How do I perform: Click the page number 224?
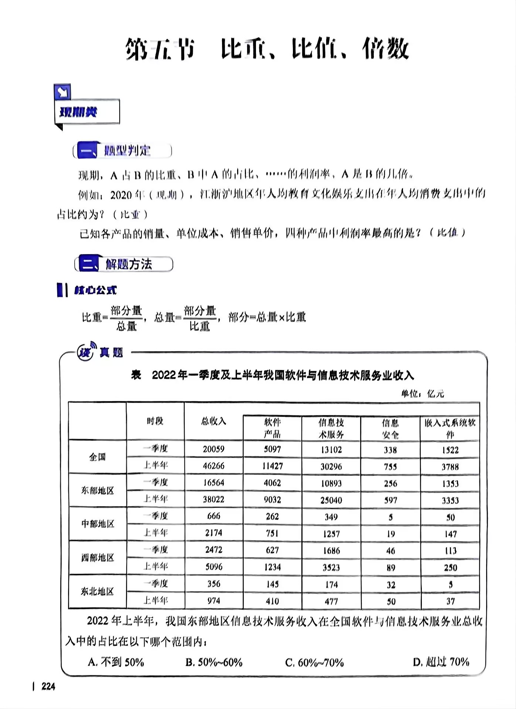[x=48, y=686]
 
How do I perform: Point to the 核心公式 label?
[x=95, y=291]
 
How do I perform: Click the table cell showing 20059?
[x=213, y=449]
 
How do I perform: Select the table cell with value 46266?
[x=213, y=466]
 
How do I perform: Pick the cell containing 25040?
[x=331, y=500]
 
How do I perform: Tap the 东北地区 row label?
[x=97, y=592]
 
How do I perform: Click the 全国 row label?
[x=97, y=457]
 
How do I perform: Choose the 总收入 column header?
[x=213, y=421]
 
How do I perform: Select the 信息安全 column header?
[x=390, y=428]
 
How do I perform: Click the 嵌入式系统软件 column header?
[x=450, y=428]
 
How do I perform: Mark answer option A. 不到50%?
[x=116, y=662]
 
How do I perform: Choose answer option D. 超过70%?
[x=441, y=662]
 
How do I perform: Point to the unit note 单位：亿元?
[x=423, y=394]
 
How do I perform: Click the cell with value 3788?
[x=450, y=467]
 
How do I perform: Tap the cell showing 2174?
[x=213, y=533]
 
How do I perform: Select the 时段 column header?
[x=155, y=421]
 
